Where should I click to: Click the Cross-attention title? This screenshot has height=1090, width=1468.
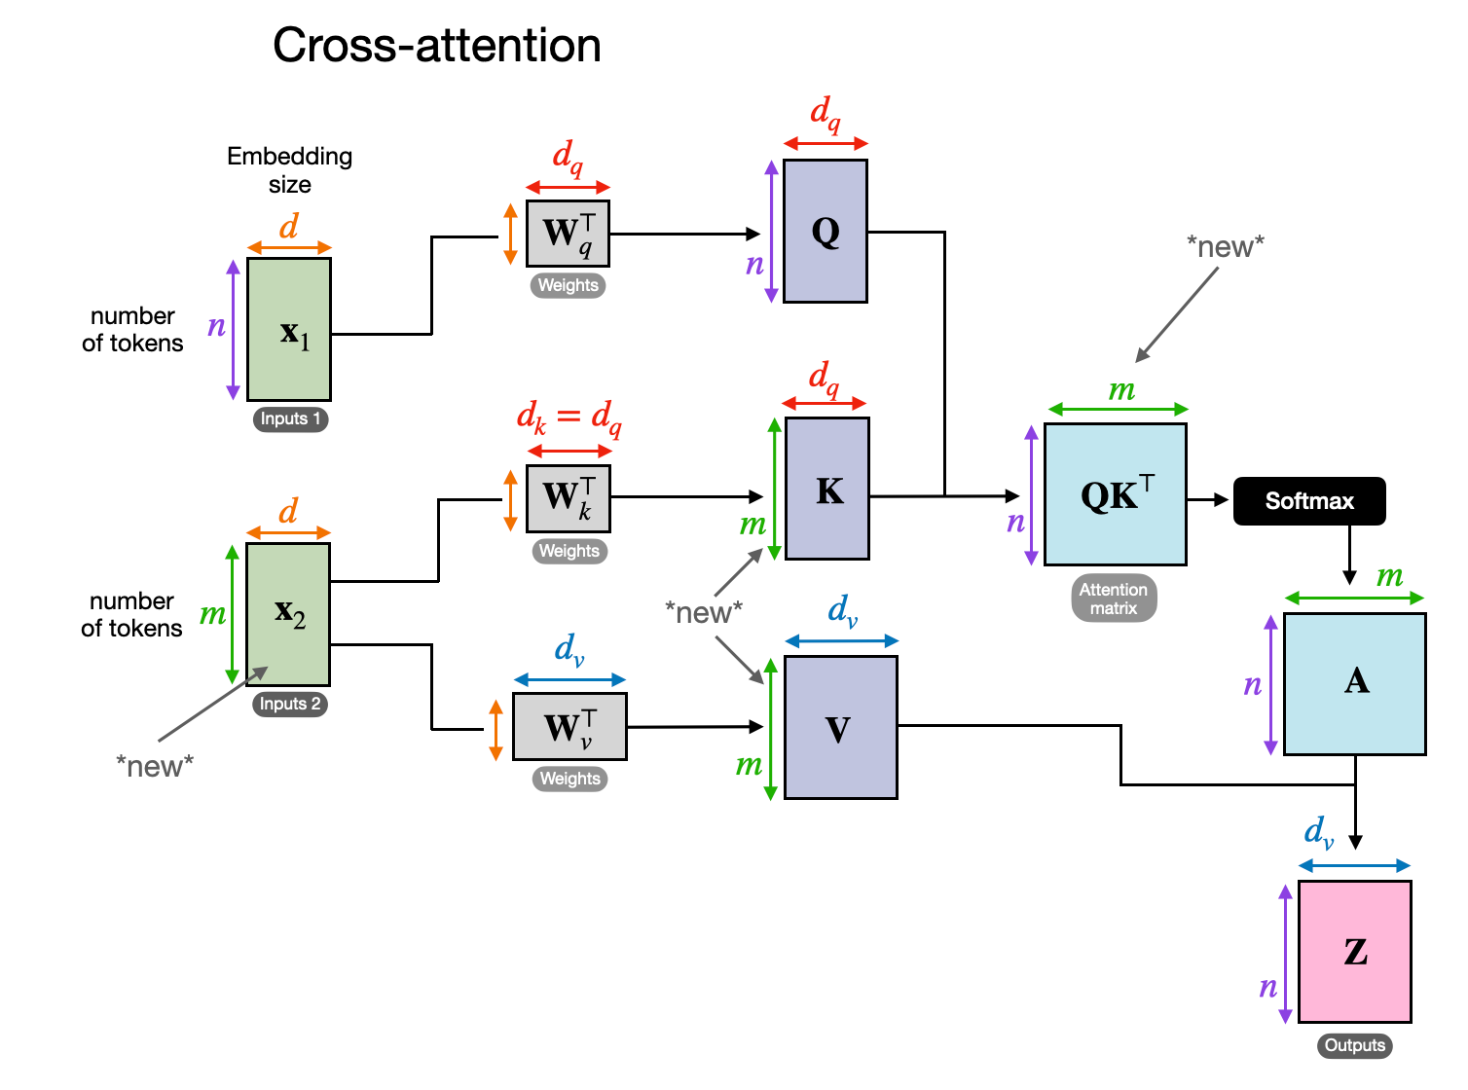(x=436, y=46)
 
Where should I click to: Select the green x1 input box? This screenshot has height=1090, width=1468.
(x=289, y=329)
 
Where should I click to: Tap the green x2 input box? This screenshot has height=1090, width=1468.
(x=288, y=614)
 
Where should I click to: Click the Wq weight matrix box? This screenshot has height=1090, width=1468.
(x=568, y=234)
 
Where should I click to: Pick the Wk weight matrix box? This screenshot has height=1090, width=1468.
(x=569, y=498)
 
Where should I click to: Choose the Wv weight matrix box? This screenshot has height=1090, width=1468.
(x=569, y=727)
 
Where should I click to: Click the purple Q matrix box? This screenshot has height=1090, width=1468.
(x=826, y=232)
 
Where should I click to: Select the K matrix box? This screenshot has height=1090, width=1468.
(x=827, y=489)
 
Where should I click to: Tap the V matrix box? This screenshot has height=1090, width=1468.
(x=840, y=728)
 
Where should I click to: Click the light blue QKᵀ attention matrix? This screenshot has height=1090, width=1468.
(x=1116, y=494)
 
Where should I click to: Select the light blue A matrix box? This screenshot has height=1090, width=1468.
(x=1355, y=683)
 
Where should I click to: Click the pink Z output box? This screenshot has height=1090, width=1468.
(x=1355, y=951)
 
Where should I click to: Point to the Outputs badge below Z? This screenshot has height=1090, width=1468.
(x=1354, y=1045)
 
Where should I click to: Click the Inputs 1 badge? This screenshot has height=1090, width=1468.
(x=290, y=418)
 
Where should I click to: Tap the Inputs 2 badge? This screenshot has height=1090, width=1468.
(x=290, y=704)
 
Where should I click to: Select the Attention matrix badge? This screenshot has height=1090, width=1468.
(x=1114, y=599)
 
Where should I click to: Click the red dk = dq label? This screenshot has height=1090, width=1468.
(x=569, y=418)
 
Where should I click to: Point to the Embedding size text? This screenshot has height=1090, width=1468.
(x=289, y=170)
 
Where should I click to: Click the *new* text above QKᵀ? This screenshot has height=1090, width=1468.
(x=1225, y=247)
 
